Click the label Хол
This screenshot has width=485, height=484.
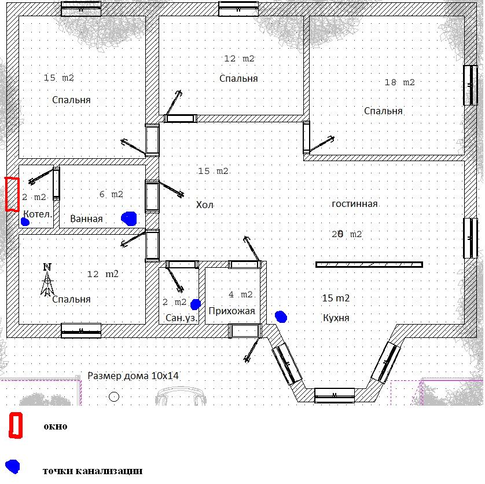pyautogui.click(x=204, y=205)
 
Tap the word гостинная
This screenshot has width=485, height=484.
pyautogui.click(x=354, y=204)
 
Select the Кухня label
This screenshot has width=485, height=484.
pyautogui.click(x=336, y=318)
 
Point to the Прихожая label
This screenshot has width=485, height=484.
pyautogui.click(x=232, y=311)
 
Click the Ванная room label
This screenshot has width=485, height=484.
pyautogui.click(x=86, y=219)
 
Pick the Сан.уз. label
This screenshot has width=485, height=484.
pyautogui.click(x=181, y=318)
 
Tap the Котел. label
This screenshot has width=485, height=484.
pyautogui.click(x=38, y=214)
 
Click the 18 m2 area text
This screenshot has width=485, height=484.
pyautogui.click(x=399, y=82)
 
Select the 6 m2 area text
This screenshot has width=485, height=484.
pyautogui.click(x=111, y=194)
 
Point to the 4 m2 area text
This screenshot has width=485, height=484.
pyautogui.click(x=241, y=294)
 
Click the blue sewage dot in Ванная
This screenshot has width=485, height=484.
pyautogui.click(x=128, y=219)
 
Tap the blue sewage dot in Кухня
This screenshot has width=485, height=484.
pyautogui.click(x=281, y=316)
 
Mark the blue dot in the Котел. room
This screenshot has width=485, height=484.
pyautogui.click(x=25, y=222)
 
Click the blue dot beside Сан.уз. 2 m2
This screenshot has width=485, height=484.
pyautogui.click(x=196, y=304)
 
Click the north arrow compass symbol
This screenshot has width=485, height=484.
pyautogui.click(x=47, y=280)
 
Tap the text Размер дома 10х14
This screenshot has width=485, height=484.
pyautogui.click(x=133, y=376)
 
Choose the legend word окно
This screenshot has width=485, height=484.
pyautogui.click(x=56, y=427)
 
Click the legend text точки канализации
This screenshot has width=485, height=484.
pyautogui.click(x=93, y=471)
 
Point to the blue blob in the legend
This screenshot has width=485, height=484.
pyautogui.click(x=13, y=467)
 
